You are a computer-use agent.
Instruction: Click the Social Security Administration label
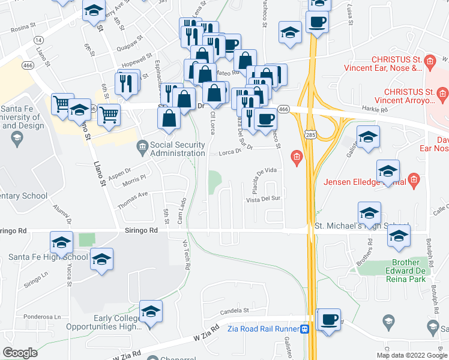185,149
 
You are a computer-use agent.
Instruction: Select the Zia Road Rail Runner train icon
305,329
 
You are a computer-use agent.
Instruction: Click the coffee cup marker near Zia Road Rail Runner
328,319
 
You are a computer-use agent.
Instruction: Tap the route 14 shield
39,40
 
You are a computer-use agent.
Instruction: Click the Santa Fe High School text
48,257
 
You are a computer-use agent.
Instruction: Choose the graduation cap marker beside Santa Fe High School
102,259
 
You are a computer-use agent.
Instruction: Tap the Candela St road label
234,311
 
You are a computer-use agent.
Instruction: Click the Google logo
20,353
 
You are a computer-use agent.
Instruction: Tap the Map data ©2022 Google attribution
412,355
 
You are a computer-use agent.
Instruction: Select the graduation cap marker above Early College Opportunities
151,312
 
